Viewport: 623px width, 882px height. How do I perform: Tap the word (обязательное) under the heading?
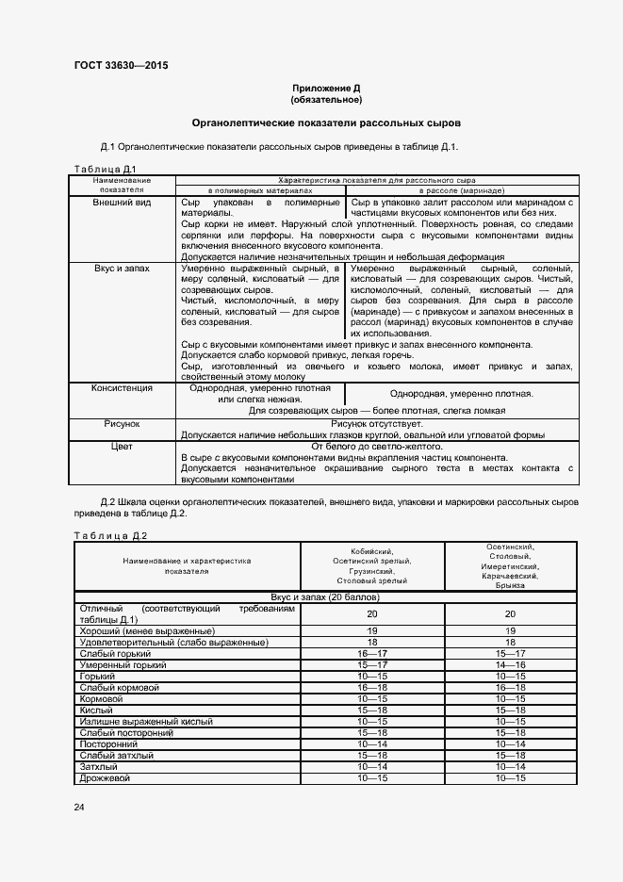tap(326, 99)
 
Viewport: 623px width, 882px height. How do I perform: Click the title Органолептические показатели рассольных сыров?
tap(326, 123)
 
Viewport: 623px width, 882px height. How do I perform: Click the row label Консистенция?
tap(122, 387)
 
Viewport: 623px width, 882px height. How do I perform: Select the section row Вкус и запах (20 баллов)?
tap(325, 597)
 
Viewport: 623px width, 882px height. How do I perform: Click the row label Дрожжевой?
tap(105, 778)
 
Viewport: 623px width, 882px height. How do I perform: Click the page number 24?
tap(79, 808)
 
